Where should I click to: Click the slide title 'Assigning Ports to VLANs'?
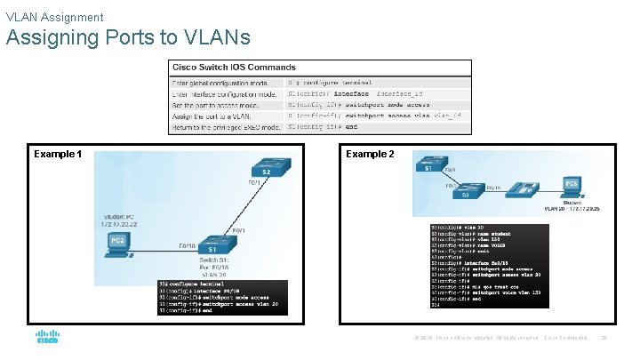(128, 38)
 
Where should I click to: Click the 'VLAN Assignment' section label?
(54, 17)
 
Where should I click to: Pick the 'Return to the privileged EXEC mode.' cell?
(226, 127)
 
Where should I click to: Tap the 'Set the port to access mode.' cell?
(214, 105)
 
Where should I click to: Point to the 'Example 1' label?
(58, 154)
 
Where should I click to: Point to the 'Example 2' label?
(370, 154)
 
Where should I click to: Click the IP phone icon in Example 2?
(531, 188)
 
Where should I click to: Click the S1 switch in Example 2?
(428, 165)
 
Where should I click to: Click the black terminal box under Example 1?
(221, 298)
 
